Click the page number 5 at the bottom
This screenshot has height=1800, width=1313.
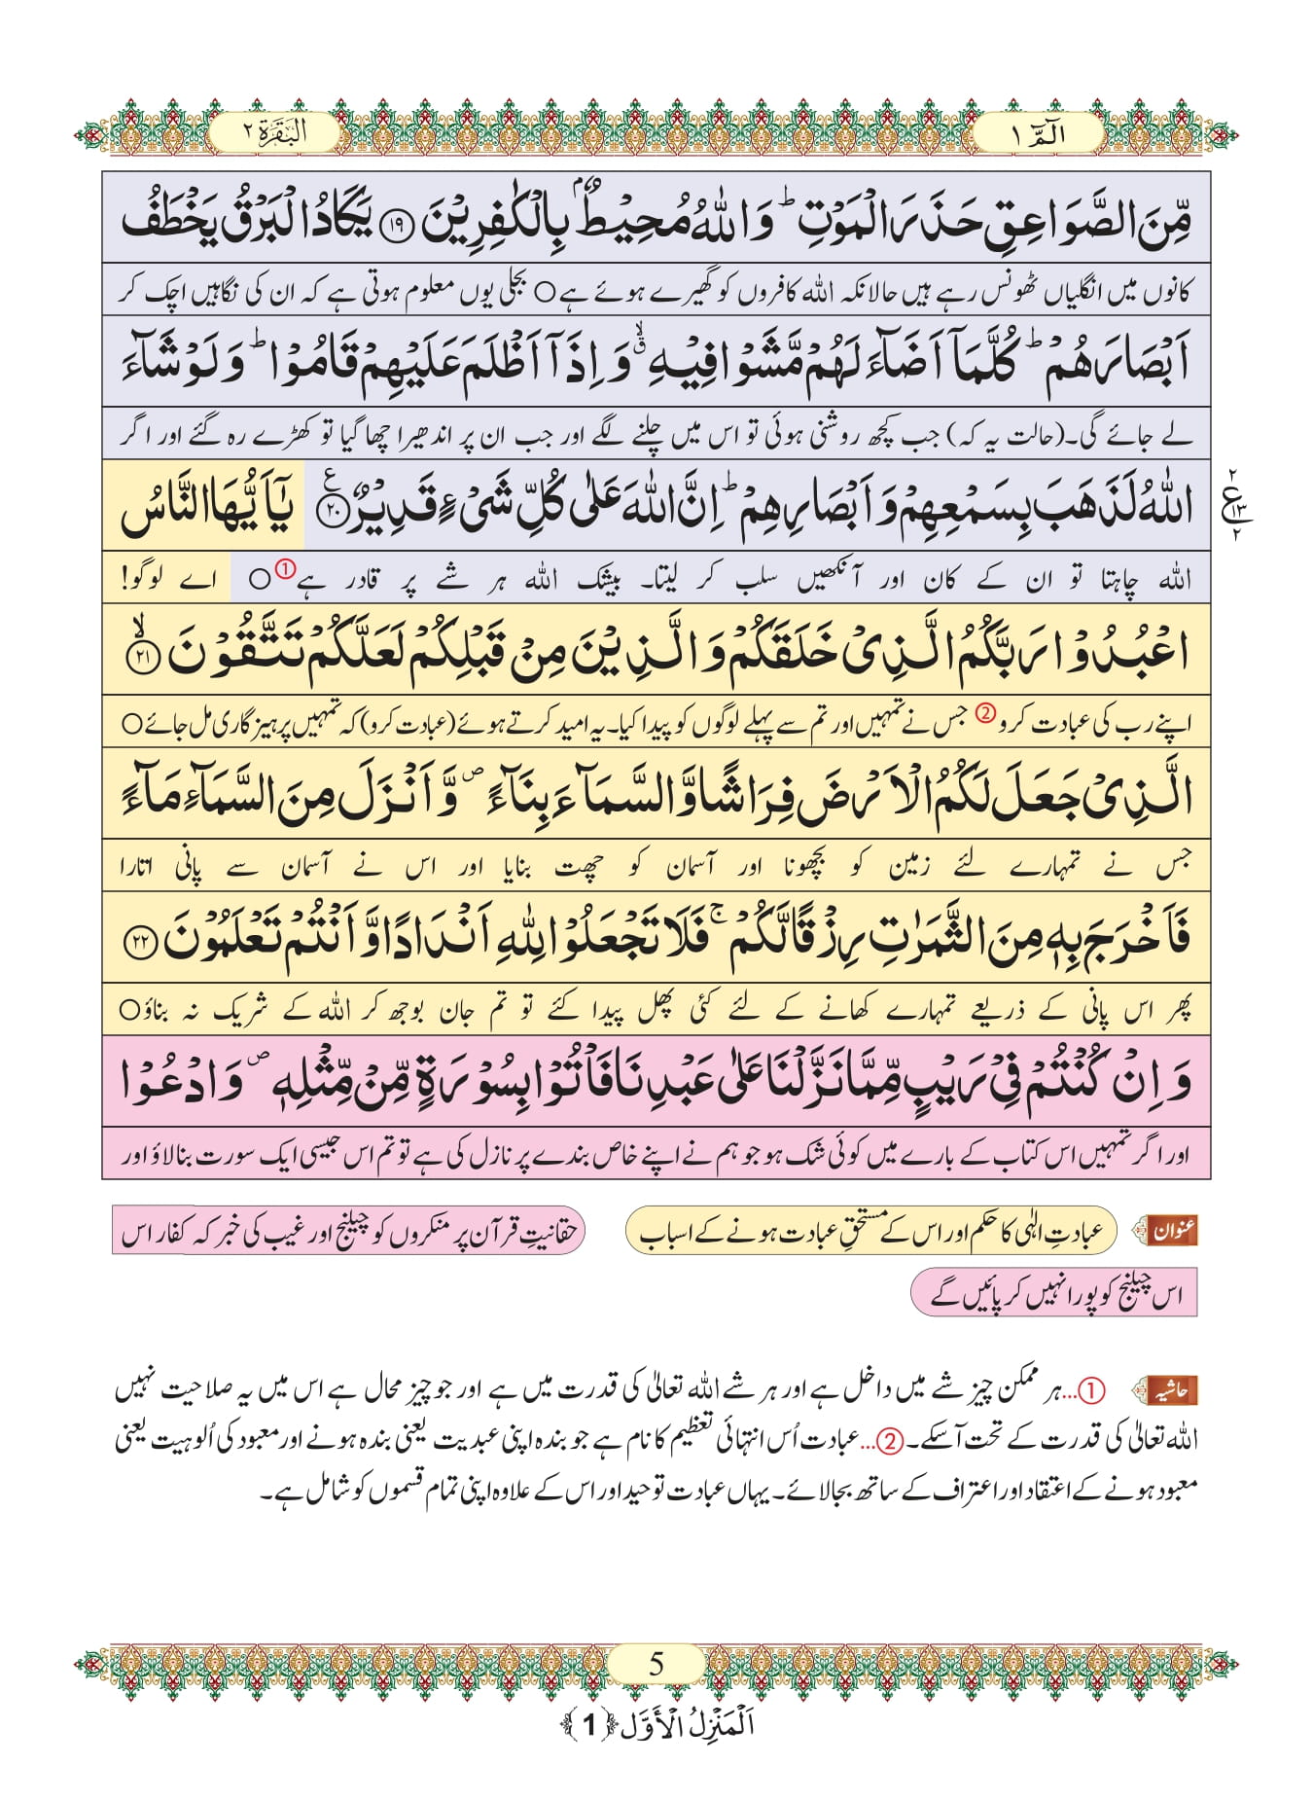point(656,1664)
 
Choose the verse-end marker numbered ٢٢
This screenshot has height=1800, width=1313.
point(142,944)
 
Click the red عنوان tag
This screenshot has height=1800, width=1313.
point(1172,1231)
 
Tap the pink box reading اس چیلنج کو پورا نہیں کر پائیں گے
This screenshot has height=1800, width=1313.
point(1054,1294)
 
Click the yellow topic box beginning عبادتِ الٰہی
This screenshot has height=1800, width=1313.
point(872,1231)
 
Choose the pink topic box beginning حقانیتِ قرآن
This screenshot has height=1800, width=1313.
point(348,1231)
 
